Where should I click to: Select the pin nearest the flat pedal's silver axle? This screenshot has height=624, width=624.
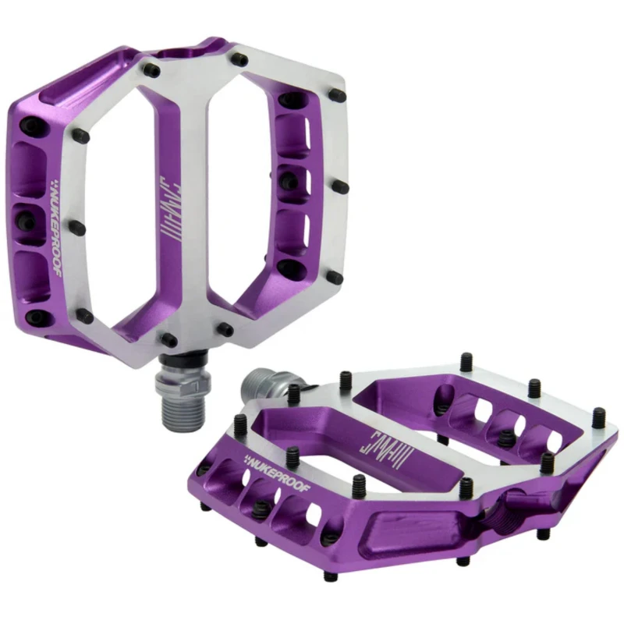pyautogui.click(x=294, y=394)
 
